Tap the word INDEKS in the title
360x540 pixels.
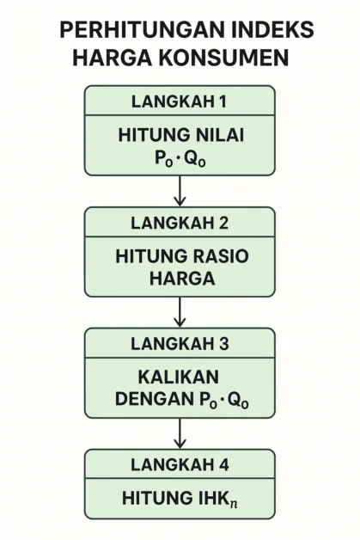(272, 30)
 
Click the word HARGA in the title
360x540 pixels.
(113, 58)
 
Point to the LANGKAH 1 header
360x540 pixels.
(179, 101)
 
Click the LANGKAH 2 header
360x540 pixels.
(180, 223)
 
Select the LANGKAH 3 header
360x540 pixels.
(180, 344)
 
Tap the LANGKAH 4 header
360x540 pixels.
(180, 464)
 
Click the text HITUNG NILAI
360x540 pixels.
(181, 135)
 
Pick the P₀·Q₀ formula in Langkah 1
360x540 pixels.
(180, 158)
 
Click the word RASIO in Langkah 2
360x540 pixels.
(219, 256)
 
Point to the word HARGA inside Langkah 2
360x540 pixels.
(182, 279)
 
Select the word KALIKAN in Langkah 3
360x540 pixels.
(178, 377)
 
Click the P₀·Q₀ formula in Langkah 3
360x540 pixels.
(223, 400)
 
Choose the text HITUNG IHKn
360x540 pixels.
(180, 499)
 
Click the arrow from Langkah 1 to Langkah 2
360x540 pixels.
(180, 191)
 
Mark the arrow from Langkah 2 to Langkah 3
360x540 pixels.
(180, 312)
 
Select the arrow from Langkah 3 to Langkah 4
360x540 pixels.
(180, 433)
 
